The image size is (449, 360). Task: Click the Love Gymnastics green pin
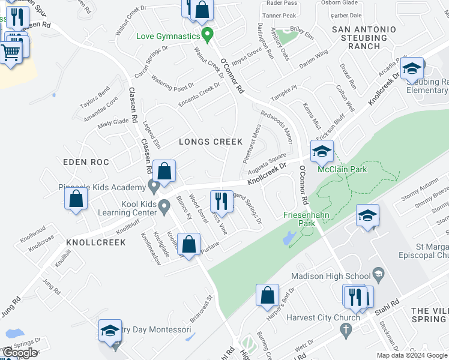[208, 35]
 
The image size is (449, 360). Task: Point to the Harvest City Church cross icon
[345, 329]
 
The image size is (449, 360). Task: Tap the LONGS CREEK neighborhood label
[211, 142]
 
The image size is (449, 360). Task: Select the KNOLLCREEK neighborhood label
[96, 242]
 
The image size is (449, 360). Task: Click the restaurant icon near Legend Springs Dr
[221, 202]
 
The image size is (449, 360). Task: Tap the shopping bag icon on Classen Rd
[164, 171]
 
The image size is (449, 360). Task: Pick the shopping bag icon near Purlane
[189, 244]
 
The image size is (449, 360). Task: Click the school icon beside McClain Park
[322, 152]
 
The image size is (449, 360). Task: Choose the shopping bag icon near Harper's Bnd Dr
[267, 295]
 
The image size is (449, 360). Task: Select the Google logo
[20, 353]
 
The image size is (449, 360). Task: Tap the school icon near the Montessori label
[110, 331]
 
